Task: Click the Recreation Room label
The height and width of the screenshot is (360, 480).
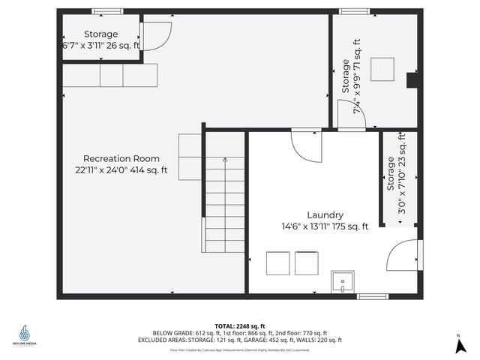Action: (x=121, y=158)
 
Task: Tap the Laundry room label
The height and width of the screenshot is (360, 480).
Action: (x=325, y=214)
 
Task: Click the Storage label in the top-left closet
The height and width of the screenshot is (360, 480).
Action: (x=100, y=34)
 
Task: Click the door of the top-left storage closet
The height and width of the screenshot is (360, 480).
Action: (x=157, y=36)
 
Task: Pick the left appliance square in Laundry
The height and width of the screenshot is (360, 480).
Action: (x=278, y=263)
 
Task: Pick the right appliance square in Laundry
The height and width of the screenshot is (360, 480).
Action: (x=307, y=263)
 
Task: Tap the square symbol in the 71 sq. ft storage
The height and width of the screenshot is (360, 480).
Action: (x=383, y=68)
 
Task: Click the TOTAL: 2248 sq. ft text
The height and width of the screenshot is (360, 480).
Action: (x=240, y=326)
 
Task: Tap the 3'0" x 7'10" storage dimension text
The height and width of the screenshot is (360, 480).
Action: (x=401, y=174)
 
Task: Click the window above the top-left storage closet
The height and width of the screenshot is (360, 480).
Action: (x=107, y=12)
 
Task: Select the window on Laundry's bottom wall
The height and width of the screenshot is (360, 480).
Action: (x=372, y=297)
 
